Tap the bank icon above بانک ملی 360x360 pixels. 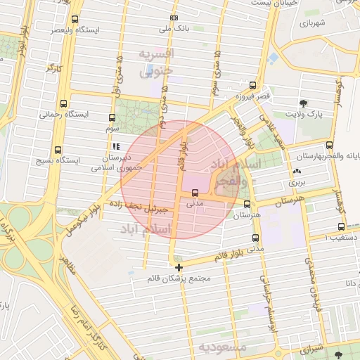[174, 18]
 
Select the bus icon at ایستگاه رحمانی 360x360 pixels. [65, 103]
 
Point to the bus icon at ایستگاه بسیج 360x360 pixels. [58, 150]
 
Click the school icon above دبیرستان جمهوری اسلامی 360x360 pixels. [116, 146]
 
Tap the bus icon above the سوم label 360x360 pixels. [112, 117]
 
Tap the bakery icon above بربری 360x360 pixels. [296, 171]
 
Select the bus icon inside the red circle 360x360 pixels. [195, 192]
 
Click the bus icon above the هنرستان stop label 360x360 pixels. [246, 204]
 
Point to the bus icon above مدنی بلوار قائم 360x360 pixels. [255, 238]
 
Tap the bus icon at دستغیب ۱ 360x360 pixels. [341, 226]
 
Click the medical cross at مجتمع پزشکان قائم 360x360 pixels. [179, 267]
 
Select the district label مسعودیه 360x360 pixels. [222, 347]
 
